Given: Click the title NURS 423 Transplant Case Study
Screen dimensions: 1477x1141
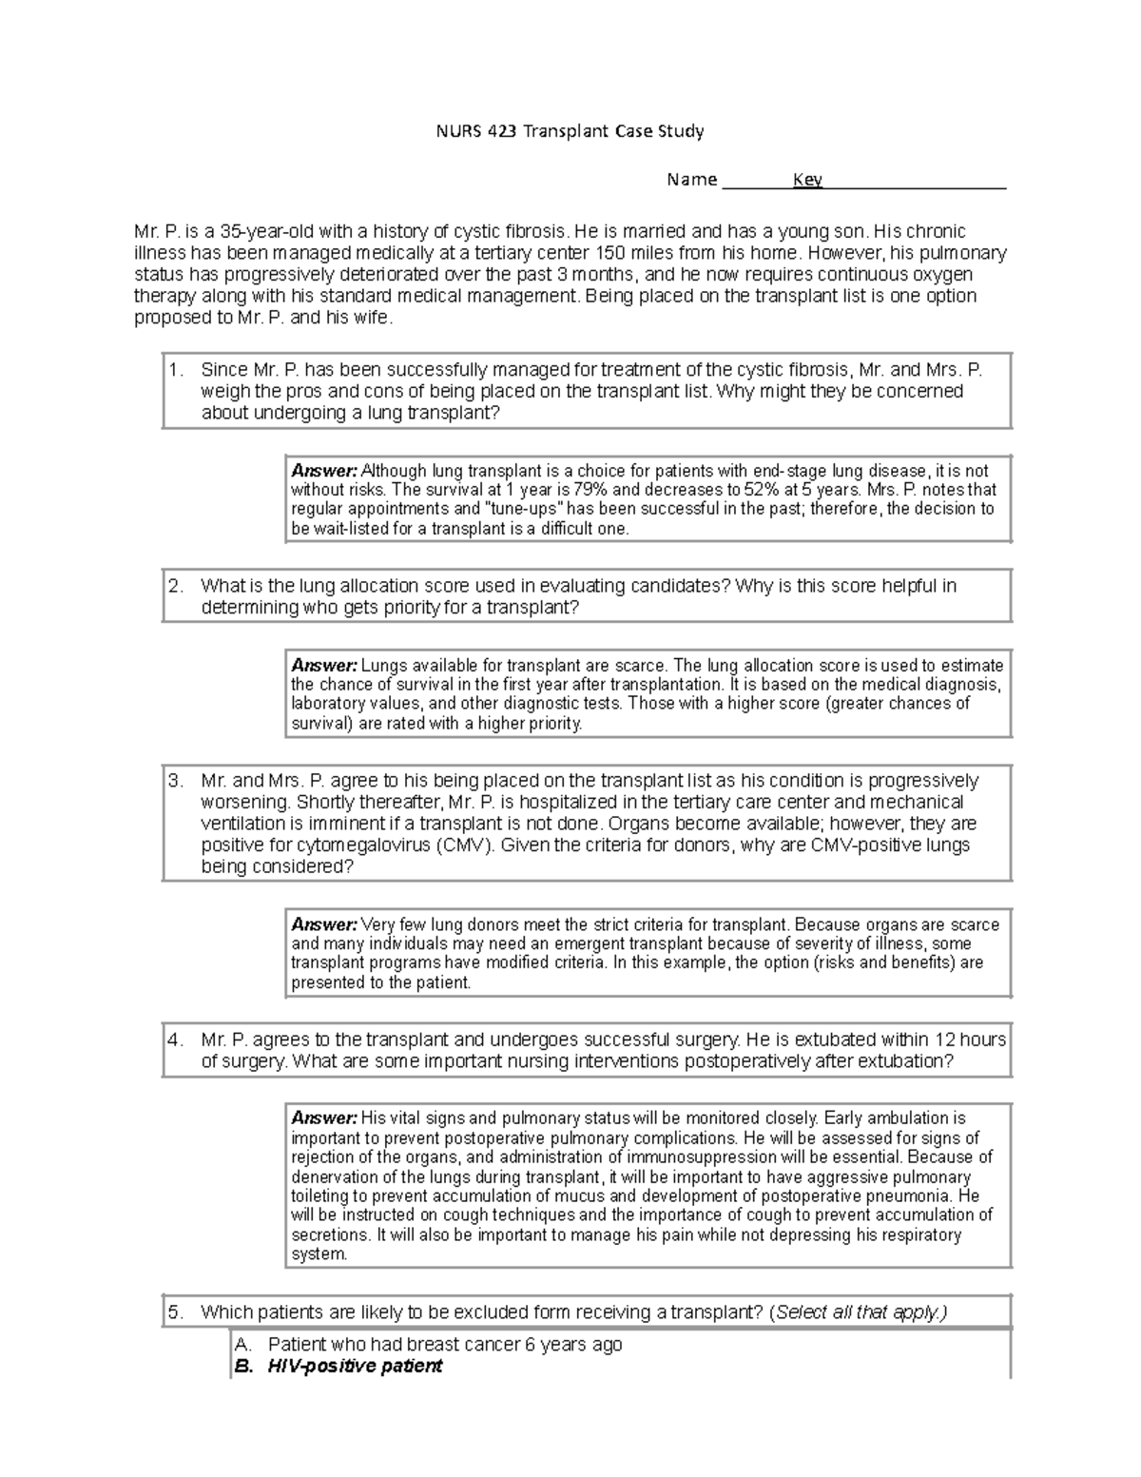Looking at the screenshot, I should (570, 131).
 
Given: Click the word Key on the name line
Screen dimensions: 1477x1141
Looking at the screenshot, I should (807, 180).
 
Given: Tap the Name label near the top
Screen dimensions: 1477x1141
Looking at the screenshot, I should (691, 180).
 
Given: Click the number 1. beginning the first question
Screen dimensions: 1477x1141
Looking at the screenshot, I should (175, 370).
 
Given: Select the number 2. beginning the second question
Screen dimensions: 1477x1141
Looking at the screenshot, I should (175, 586).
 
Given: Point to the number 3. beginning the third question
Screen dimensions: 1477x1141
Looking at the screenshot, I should (175, 781).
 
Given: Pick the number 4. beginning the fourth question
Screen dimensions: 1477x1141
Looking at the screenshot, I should (175, 1040).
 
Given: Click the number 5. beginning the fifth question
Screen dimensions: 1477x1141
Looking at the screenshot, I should (175, 1312).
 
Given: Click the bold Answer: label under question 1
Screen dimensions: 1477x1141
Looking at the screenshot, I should (324, 471).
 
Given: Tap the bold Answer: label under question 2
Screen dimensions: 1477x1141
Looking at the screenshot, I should (324, 666).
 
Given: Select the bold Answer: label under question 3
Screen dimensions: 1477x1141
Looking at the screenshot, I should (324, 924).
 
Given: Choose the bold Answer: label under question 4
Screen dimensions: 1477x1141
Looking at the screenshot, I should (324, 1118).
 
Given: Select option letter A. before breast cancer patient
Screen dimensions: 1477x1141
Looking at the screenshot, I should (242, 1345).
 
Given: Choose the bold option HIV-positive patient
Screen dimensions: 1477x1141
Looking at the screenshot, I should (355, 1367).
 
